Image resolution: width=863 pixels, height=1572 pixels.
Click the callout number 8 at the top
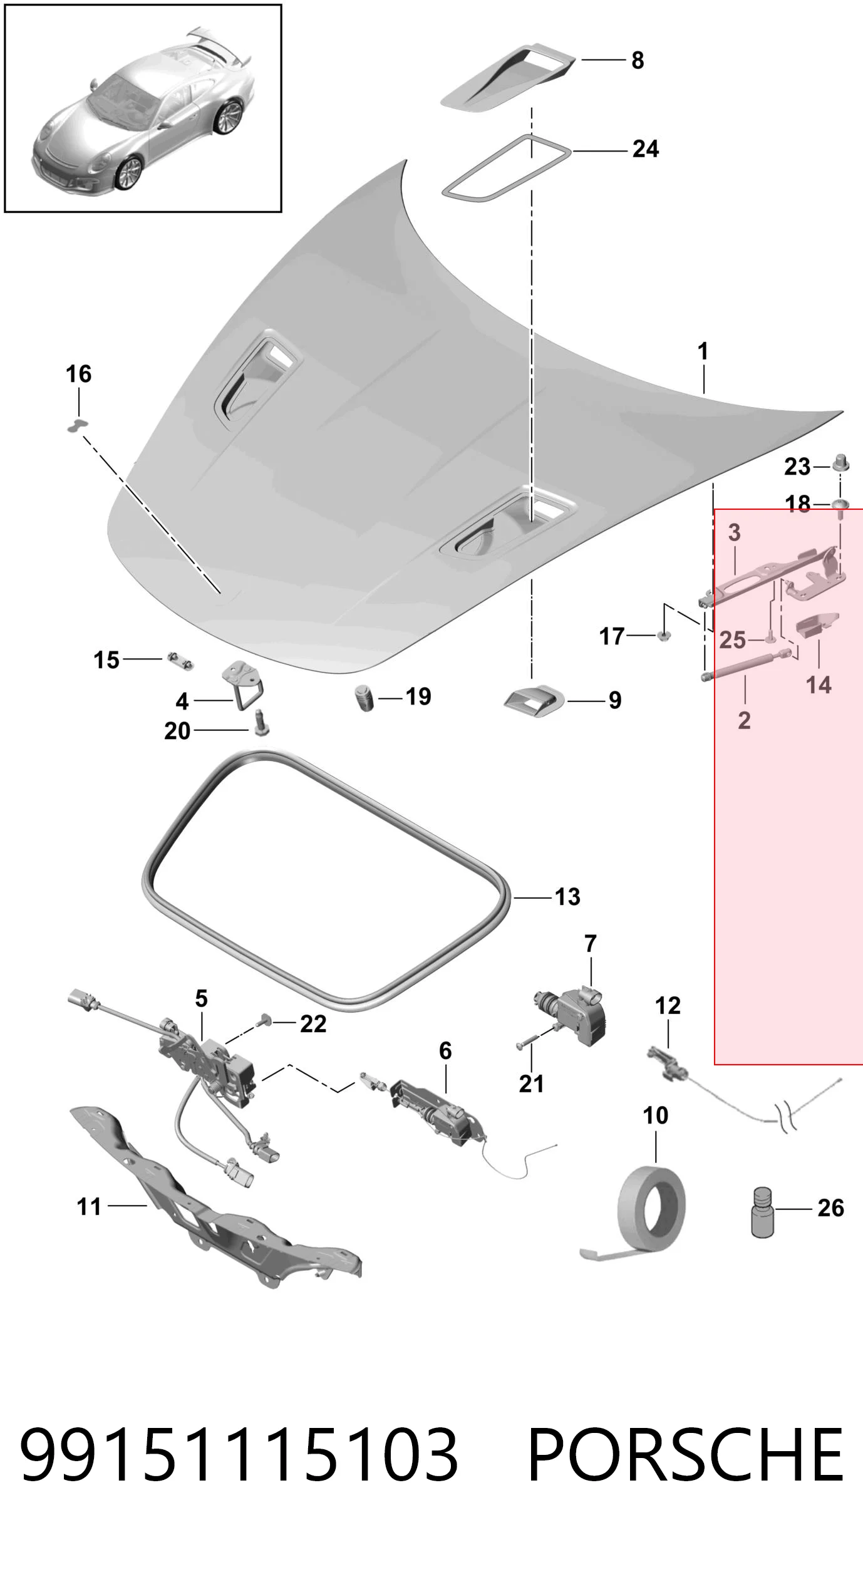638,60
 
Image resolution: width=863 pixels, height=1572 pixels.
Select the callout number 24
646,149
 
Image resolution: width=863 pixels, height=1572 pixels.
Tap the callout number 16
79,374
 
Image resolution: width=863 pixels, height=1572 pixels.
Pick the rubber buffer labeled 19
364,698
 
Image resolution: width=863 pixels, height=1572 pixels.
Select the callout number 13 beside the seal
568,897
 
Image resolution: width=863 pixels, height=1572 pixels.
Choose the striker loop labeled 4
243,685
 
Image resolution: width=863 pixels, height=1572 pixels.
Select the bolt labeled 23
840,464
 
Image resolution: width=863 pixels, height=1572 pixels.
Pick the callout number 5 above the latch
201,998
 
